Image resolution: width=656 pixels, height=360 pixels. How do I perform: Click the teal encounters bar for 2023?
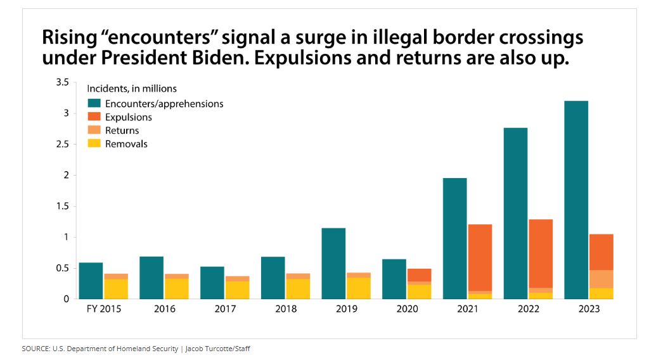(576, 200)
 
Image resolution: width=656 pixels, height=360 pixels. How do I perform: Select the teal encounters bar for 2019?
(333, 263)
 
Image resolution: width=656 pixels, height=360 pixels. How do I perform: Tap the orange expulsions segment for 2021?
(480, 257)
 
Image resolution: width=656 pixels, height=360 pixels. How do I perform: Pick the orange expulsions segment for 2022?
(541, 254)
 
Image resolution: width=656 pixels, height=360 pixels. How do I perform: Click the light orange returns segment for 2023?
(601, 279)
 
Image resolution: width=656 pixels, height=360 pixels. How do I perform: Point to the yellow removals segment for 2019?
(358, 288)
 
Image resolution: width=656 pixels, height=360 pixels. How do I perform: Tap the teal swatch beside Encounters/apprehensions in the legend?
(94, 103)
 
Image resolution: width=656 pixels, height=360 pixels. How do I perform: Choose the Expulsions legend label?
(128, 117)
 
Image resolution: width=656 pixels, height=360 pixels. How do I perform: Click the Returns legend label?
(122, 131)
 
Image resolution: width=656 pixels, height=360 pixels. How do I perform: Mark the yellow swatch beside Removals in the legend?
(94, 144)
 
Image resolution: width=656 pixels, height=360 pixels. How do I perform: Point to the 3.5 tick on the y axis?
(62, 82)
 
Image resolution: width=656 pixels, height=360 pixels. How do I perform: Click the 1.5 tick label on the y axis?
(62, 206)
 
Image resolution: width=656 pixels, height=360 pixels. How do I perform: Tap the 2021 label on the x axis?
(468, 309)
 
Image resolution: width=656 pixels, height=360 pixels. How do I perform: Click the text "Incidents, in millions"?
(131, 88)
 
